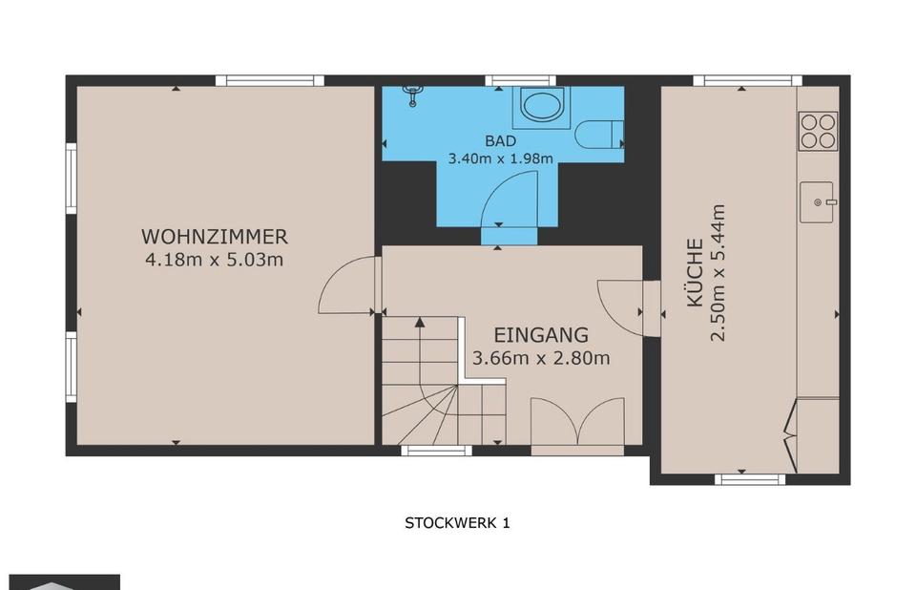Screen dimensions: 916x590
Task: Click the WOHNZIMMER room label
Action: (215, 237)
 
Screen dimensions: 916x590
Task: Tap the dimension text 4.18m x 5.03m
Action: (215, 259)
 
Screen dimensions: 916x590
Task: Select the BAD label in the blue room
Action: (501, 141)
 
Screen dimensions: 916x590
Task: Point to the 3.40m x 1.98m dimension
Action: (501, 158)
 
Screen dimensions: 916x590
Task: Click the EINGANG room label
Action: (541, 335)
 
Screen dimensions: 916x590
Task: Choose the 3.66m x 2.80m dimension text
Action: (541, 358)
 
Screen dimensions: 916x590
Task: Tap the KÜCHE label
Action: (695, 272)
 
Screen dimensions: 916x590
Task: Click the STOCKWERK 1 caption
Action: (457, 523)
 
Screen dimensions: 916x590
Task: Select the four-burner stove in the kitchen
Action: (819, 132)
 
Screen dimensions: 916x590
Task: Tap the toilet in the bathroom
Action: (599, 134)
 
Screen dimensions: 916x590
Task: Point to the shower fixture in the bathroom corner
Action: (413, 95)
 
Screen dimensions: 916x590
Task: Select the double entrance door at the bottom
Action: (578, 422)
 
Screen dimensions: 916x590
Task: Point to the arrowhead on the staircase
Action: (420, 322)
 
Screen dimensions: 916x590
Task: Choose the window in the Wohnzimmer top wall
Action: (270, 81)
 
